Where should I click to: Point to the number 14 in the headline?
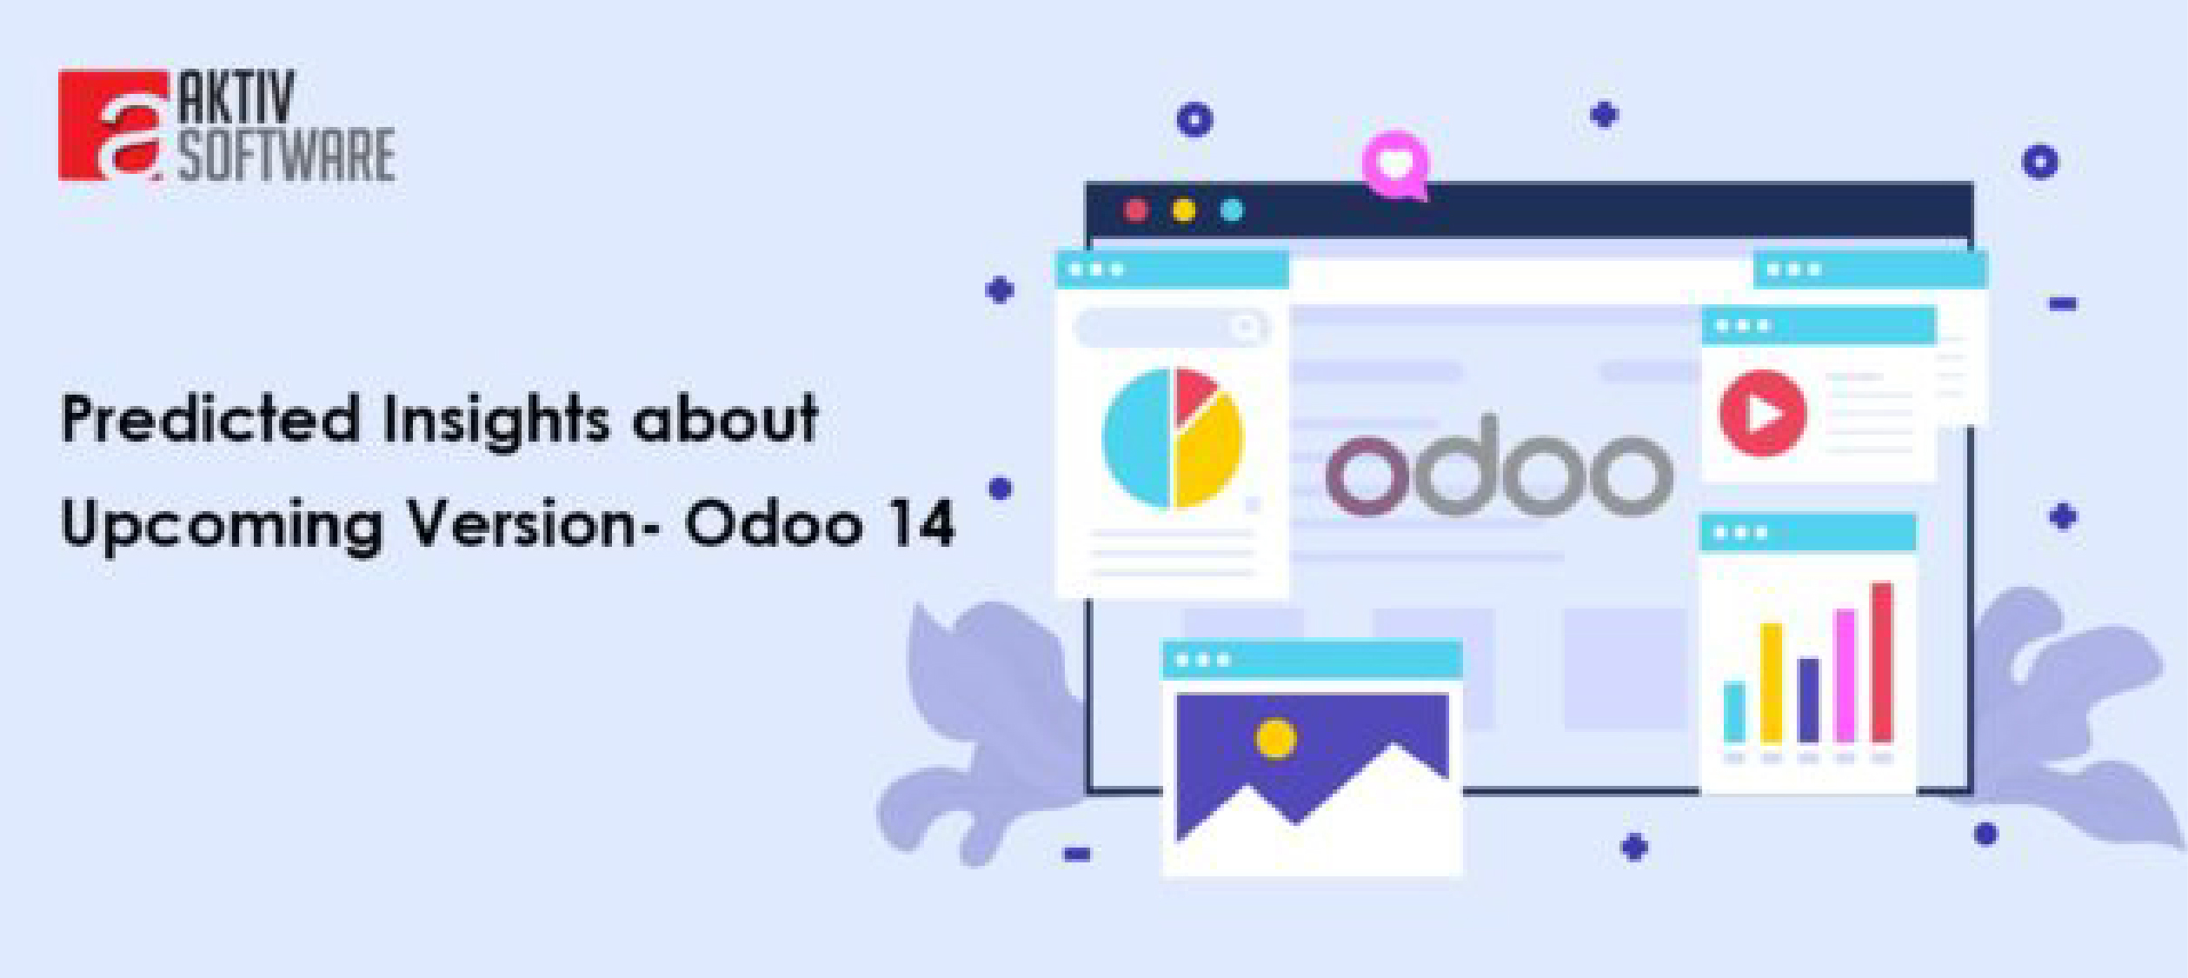click(x=922, y=524)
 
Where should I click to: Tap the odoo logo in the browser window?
click(x=1499, y=469)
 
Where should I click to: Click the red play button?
click(x=1762, y=414)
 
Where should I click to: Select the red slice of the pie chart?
click(x=1194, y=392)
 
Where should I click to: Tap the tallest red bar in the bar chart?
click(x=1881, y=662)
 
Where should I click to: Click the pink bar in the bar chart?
click(x=1844, y=675)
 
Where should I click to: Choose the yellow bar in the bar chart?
click(x=1771, y=682)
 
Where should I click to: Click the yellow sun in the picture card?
click(x=1275, y=739)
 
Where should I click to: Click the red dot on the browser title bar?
click(x=1136, y=210)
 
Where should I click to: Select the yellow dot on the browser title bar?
click(x=1183, y=210)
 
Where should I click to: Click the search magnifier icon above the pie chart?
click(x=1245, y=328)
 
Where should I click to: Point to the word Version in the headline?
click(x=522, y=524)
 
